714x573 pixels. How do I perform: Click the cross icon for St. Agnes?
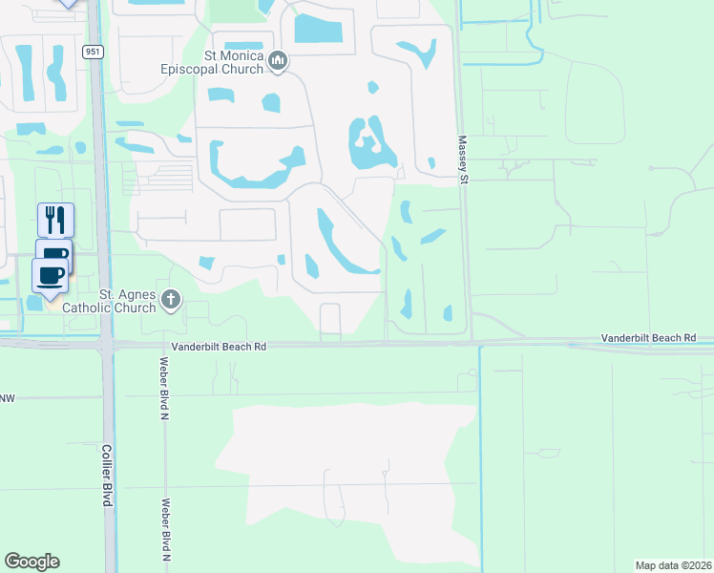pyautogui.click(x=171, y=301)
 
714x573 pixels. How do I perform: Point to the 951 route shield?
pyautogui.click(x=93, y=53)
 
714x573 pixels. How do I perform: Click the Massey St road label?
pyautogui.click(x=463, y=154)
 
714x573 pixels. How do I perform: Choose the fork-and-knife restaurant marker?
pyautogui.click(x=55, y=220)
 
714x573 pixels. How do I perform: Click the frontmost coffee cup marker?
pyautogui.click(x=50, y=275)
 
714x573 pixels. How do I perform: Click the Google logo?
pyautogui.click(x=31, y=562)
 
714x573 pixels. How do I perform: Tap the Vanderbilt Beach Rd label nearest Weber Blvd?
pyautogui.click(x=219, y=348)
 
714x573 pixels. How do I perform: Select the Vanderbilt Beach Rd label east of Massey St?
pyautogui.click(x=648, y=339)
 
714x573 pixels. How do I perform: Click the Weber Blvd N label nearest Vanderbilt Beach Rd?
pyautogui.click(x=163, y=389)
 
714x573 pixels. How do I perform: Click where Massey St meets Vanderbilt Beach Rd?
pyautogui.click(x=469, y=341)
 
